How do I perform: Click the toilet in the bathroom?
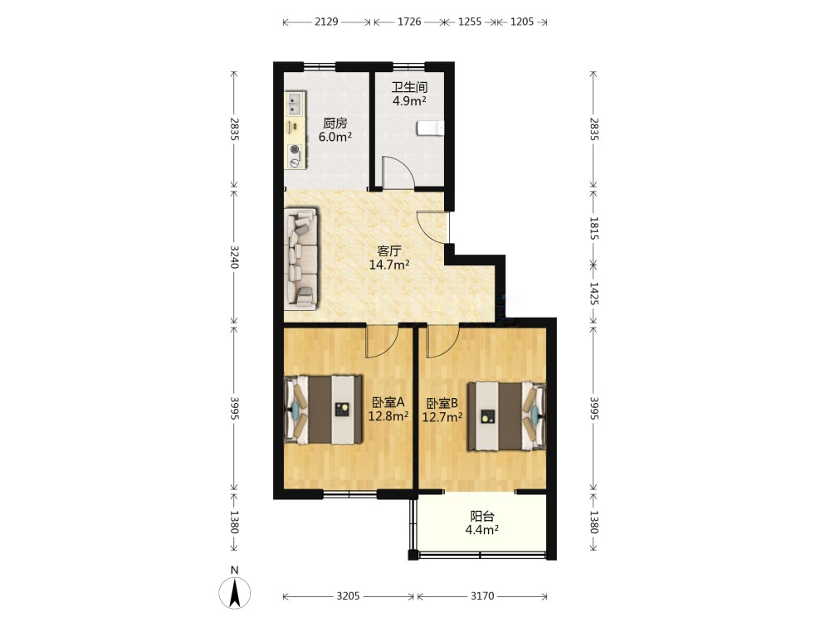click(430, 129)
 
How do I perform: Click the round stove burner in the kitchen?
click(295, 149)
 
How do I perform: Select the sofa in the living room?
click(300, 258)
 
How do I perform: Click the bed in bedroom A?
click(324, 410)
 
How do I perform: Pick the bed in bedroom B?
click(506, 416)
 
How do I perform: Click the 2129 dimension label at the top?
click(326, 22)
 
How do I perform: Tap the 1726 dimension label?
click(409, 22)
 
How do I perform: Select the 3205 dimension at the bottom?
click(348, 596)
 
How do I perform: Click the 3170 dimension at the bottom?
click(482, 596)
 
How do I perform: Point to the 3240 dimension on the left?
click(235, 256)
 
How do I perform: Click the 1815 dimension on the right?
click(593, 229)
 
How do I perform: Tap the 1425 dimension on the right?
click(593, 294)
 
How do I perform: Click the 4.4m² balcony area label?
click(481, 529)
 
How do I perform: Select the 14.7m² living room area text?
click(389, 265)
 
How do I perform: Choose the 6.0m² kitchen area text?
click(335, 137)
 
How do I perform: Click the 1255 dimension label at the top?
click(470, 22)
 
